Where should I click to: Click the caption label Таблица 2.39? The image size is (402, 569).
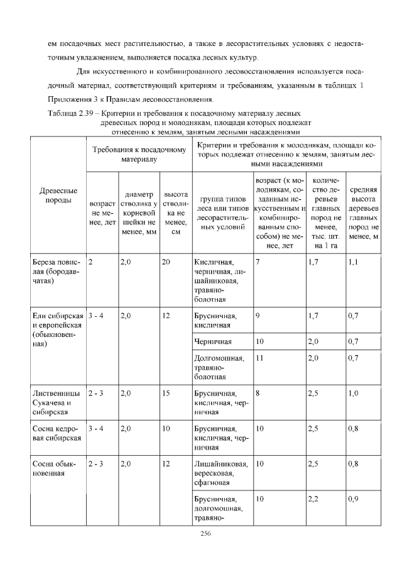tap(70, 112)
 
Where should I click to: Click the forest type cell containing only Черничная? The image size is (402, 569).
tap(214, 341)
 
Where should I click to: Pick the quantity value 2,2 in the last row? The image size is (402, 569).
tap(313, 498)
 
